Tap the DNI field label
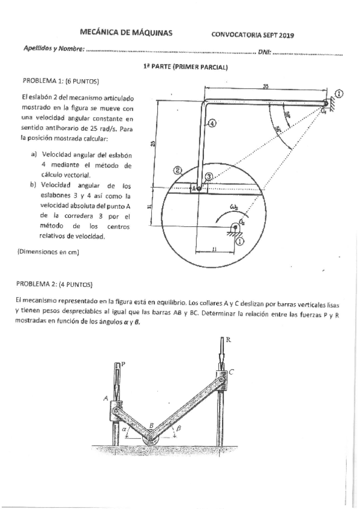[264, 53]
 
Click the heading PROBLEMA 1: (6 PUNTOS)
[61, 81]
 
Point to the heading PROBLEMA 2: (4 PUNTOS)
[55, 284]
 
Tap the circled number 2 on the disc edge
[178, 170]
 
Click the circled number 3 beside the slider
[208, 176]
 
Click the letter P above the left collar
[123, 364]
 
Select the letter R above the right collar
[227, 340]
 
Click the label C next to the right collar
[232, 372]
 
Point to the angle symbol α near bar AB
[124, 430]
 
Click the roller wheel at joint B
[151, 439]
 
